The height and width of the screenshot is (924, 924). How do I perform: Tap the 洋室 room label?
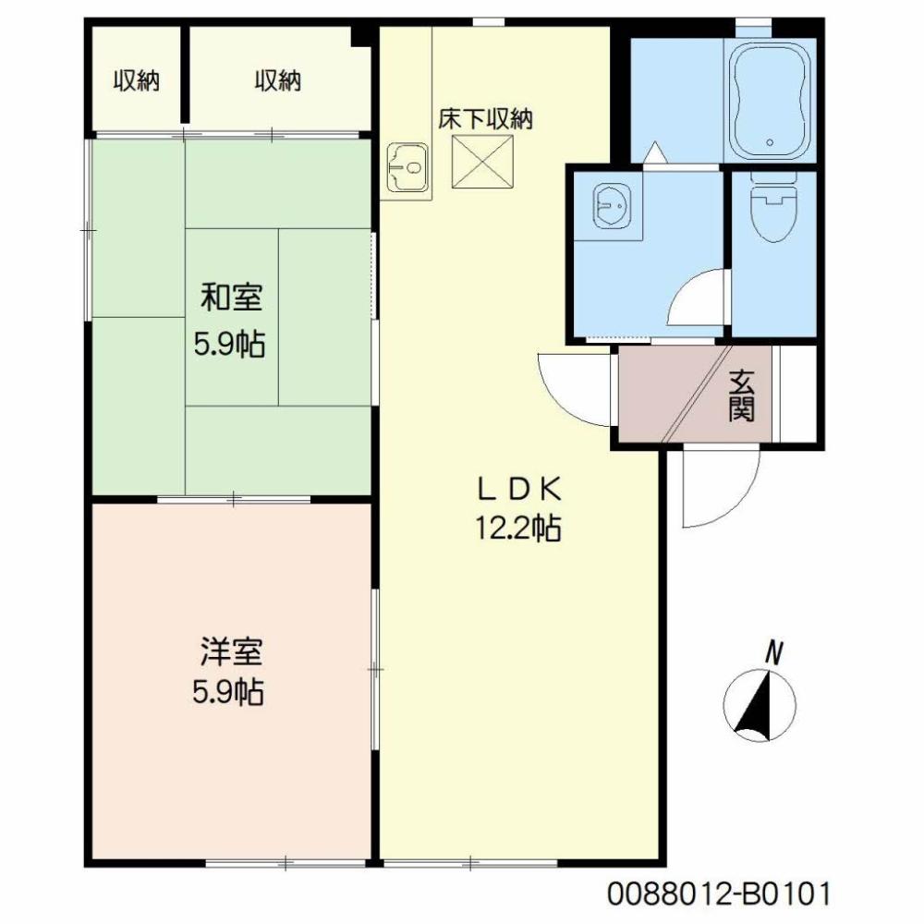[x=232, y=652]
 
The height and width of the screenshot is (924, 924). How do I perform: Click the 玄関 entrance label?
[x=741, y=395]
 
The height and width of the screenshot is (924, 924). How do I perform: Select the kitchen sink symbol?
[x=406, y=165]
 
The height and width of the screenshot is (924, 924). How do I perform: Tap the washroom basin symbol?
[x=611, y=205]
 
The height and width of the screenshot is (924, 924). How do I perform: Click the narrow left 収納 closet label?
[x=137, y=81]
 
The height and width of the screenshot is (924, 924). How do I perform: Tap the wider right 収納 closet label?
[x=278, y=81]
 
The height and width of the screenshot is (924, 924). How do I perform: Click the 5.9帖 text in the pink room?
[x=228, y=692]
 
